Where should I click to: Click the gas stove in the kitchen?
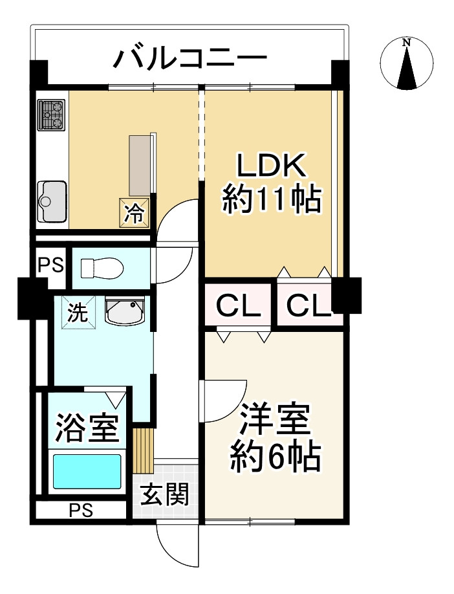pyautogui.click(x=52, y=115)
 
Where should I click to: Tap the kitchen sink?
pyautogui.click(x=52, y=201)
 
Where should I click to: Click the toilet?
pyautogui.click(x=102, y=268)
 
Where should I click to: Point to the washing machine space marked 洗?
pyautogui.click(x=78, y=313)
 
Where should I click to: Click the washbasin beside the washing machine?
pyautogui.click(x=125, y=311)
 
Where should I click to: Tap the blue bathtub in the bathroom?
pyautogui.click(x=87, y=471)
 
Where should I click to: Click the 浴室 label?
pyautogui.click(x=88, y=428)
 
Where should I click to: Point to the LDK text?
pyautogui.click(x=272, y=165)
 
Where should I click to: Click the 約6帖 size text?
pyautogui.click(x=276, y=457)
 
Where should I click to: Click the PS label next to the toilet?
pyautogui.click(x=51, y=265)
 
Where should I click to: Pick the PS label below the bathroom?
pyautogui.click(x=81, y=511)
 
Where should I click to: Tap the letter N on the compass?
pyautogui.click(x=407, y=43)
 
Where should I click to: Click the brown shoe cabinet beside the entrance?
pyautogui.click(x=144, y=451)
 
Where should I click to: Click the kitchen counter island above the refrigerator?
pyautogui.click(x=140, y=166)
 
